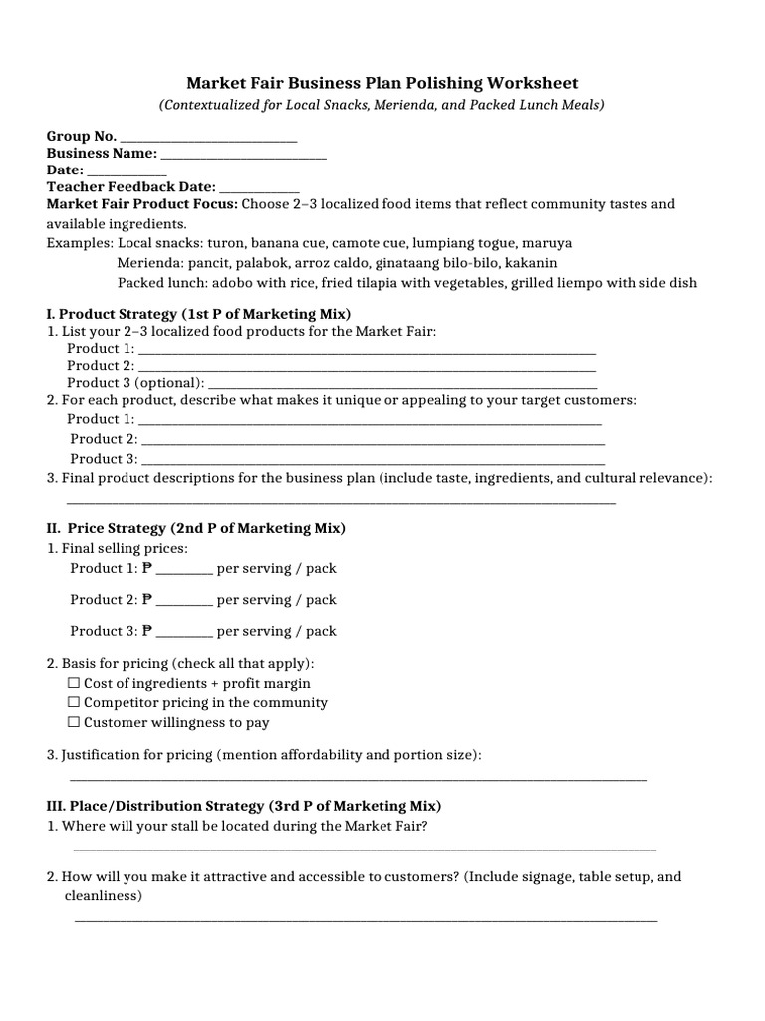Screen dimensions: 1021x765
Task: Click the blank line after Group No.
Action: pyautogui.click(x=207, y=137)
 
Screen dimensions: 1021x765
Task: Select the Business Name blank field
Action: pyautogui.click(x=243, y=154)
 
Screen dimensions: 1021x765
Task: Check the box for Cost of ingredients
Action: pyautogui.click(x=74, y=684)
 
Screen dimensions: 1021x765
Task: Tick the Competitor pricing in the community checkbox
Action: pyautogui.click(x=74, y=703)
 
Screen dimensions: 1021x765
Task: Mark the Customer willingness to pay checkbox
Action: pyautogui.click(x=74, y=722)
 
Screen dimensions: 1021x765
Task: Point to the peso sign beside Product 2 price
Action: pyautogui.click(x=147, y=600)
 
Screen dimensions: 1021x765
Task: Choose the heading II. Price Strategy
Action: pyautogui.click(x=196, y=528)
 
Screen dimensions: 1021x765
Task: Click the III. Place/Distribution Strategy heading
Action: pyautogui.click(x=244, y=806)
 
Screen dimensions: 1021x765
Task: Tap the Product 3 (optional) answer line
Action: pyautogui.click(x=403, y=383)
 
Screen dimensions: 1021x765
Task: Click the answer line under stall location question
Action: pyautogui.click(x=365, y=849)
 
